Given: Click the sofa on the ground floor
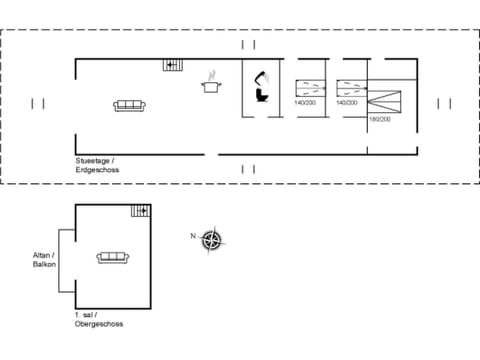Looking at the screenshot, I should tap(130, 105).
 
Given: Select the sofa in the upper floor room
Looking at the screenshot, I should tap(112, 258).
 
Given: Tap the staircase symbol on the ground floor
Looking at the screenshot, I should tap(174, 65).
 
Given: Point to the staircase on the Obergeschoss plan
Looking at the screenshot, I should tap(139, 211).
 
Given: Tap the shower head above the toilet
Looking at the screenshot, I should tap(262, 78).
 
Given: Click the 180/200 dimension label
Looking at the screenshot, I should tap(379, 119).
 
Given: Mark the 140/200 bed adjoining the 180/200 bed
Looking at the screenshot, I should tap(350, 87).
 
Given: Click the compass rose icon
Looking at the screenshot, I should tap(211, 239).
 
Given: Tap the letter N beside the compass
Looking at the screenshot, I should tap(192, 236).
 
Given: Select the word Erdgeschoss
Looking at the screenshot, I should tap(97, 169).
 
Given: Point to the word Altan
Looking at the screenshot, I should tap(41, 255).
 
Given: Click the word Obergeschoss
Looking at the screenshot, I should tap(99, 324).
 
